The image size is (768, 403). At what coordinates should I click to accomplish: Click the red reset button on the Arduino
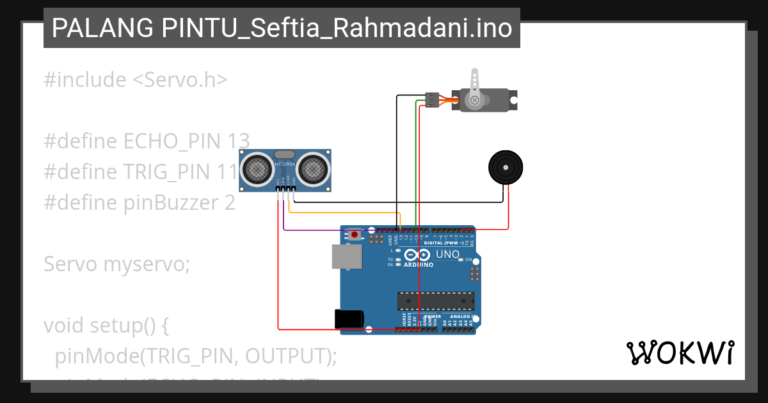(x=354, y=235)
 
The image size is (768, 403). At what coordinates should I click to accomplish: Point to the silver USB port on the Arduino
(x=346, y=257)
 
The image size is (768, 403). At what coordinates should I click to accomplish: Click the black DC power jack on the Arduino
(x=349, y=319)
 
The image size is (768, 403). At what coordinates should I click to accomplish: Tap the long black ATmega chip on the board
(x=436, y=300)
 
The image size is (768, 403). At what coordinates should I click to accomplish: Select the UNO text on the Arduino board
(x=447, y=255)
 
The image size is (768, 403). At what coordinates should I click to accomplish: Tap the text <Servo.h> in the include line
(x=180, y=80)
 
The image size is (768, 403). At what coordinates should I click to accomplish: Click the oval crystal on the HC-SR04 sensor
(x=284, y=155)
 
